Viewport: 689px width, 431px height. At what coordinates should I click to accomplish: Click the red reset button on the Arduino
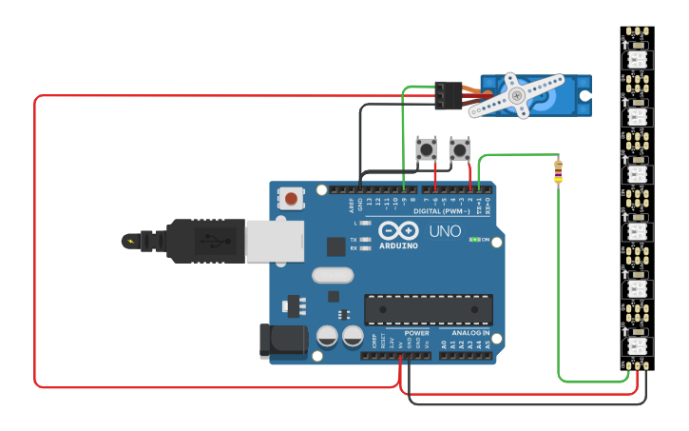[x=291, y=199]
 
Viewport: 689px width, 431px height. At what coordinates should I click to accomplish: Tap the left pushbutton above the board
[x=427, y=148]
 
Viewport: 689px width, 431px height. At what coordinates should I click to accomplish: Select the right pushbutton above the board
[x=459, y=148]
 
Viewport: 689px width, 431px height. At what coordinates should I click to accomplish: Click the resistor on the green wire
[x=558, y=172]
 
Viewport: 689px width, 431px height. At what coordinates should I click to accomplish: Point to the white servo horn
[x=514, y=96]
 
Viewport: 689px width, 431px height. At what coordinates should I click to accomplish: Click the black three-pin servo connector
[x=449, y=95]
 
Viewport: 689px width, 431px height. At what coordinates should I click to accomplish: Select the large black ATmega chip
[x=429, y=309]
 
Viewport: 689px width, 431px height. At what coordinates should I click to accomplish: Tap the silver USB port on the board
[x=274, y=241]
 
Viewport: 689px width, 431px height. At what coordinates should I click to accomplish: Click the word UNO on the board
[x=445, y=231]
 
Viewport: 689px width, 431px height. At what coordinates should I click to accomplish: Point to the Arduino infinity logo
[x=397, y=230]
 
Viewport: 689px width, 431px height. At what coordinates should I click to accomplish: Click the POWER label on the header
[x=416, y=334]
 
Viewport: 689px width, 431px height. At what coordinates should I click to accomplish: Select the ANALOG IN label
[x=470, y=334]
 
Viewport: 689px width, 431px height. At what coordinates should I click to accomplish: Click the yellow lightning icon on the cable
[x=128, y=240]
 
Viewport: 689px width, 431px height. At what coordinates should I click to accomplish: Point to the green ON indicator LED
[x=474, y=240]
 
